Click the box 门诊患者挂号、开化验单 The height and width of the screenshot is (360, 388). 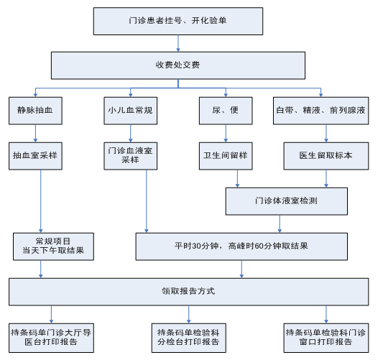pos(178,22)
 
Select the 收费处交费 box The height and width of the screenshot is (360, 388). pos(178,65)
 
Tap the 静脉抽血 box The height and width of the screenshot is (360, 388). pos(35,111)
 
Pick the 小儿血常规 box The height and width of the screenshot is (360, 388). pos(130,111)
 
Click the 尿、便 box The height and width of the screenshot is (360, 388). pos(226,111)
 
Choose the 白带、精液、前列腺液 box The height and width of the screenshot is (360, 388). pos(321,111)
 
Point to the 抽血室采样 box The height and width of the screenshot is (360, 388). pos(35,156)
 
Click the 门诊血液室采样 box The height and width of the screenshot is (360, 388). pos(130,156)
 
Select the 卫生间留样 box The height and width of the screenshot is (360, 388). pos(226,156)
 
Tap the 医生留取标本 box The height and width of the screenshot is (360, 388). pos(326,156)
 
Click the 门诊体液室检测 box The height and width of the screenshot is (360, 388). pos(287,201)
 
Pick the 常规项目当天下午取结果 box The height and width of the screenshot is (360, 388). pos(53,246)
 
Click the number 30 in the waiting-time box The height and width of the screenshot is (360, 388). pos(197,246)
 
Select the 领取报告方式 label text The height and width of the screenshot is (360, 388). pos(188,291)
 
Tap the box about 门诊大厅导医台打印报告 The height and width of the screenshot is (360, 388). pos(51,338)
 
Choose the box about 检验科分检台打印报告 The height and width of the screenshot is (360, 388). pos(188,338)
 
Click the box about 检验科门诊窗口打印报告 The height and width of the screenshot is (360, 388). pos(326,338)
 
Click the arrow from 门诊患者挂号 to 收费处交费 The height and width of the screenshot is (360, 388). pos(178,43)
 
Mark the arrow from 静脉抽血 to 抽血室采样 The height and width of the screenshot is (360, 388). pos(35,134)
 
